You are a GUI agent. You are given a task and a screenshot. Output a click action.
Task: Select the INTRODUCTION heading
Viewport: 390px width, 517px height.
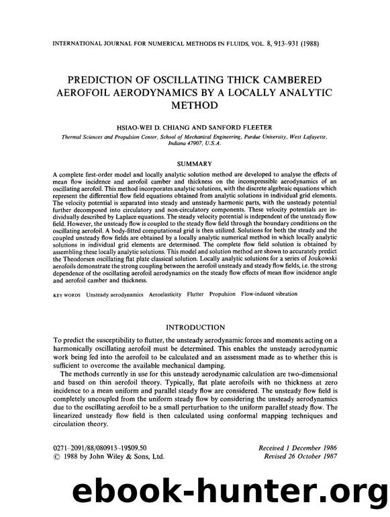click(195, 327)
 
